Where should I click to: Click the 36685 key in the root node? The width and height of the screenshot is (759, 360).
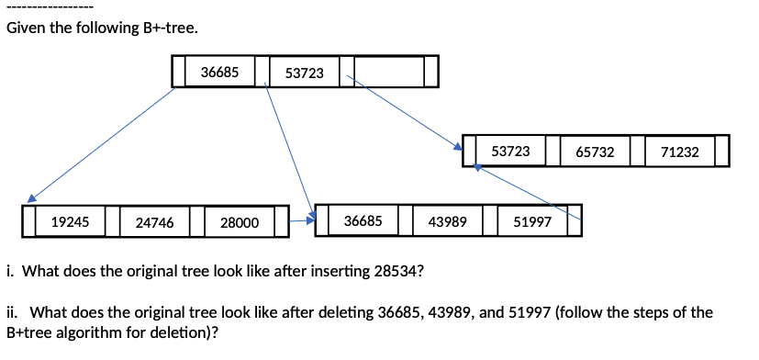coord(220,71)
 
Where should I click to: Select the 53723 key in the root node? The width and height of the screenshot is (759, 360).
coord(305,72)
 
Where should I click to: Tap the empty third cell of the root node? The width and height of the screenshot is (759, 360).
coord(389,72)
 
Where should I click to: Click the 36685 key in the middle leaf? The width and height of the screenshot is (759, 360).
coord(363,221)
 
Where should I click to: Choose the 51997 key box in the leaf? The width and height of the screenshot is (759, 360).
coord(532,222)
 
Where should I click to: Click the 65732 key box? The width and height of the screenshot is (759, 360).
coord(596,152)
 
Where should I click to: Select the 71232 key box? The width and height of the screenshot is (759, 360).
coord(680,152)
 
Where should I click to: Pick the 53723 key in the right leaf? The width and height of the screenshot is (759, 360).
coord(511,151)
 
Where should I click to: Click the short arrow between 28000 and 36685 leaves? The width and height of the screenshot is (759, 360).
coord(302,220)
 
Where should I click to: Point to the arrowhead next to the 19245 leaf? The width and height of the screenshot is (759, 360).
coord(31,197)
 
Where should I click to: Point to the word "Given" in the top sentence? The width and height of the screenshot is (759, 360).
coord(26,28)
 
